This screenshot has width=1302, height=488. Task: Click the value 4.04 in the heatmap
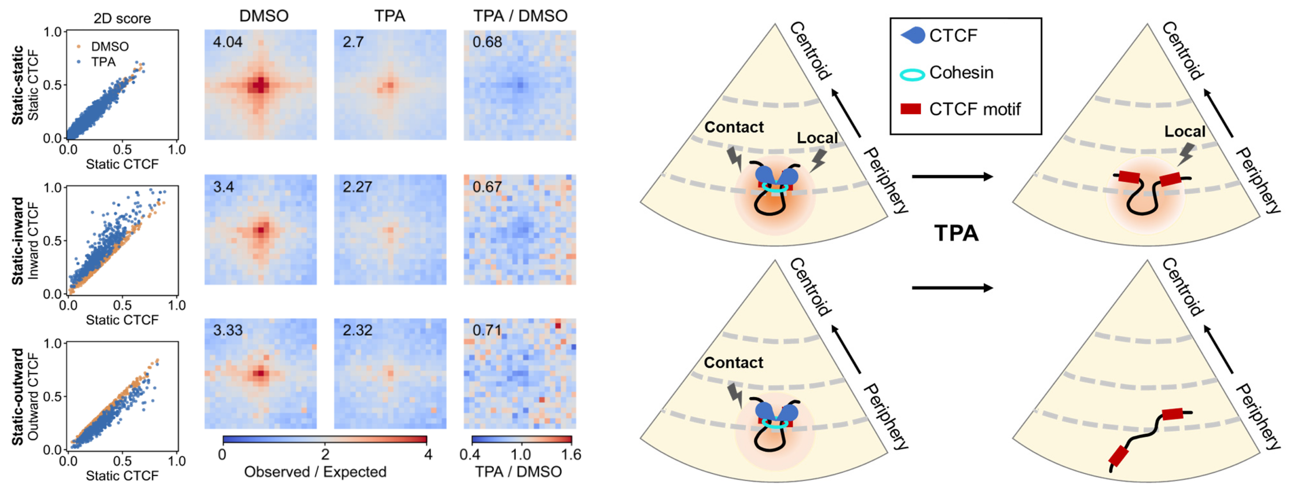click(x=228, y=42)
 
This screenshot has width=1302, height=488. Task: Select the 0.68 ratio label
click(x=487, y=42)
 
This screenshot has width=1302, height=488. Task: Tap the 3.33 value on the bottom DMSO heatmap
click(x=228, y=330)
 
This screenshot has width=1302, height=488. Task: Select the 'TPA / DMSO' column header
click(x=520, y=16)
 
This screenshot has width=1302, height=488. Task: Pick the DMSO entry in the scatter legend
click(x=109, y=47)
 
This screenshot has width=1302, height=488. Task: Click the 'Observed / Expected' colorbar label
click(x=315, y=472)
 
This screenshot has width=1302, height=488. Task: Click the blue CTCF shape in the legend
click(x=913, y=35)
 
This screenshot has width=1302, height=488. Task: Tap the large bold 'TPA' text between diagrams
click(x=956, y=233)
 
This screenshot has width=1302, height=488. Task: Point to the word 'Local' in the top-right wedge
click(x=1184, y=132)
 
